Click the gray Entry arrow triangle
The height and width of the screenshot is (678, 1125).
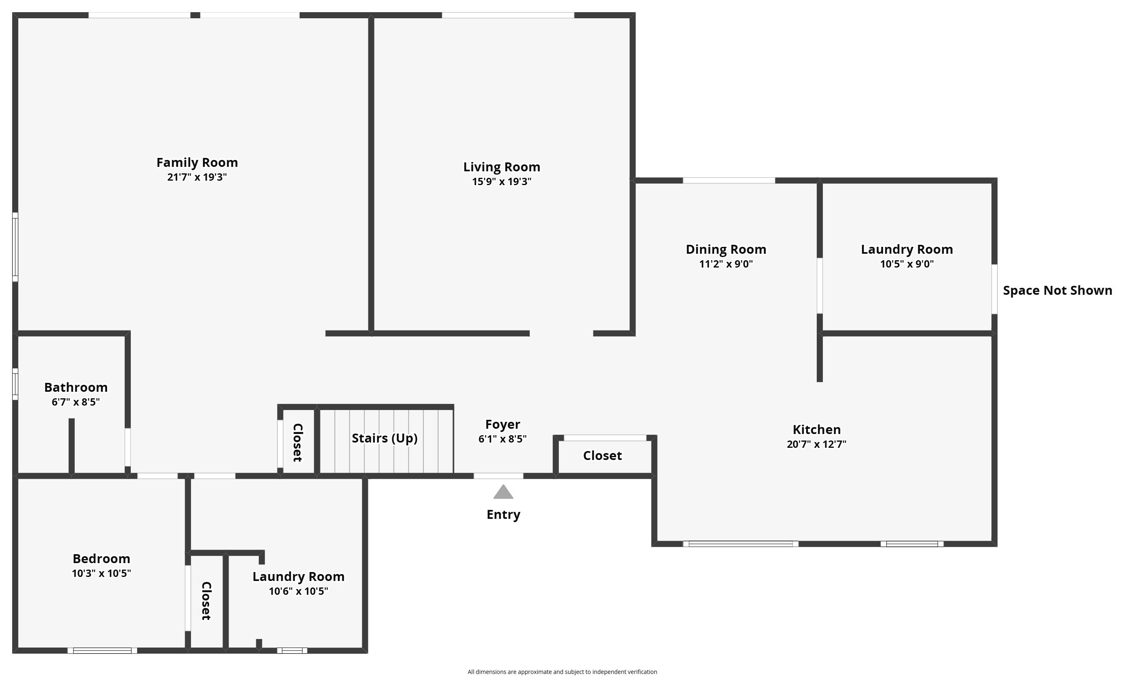pyautogui.click(x=503, y=493)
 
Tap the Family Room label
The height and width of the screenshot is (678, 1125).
pyautogui.click(x=197, y=162)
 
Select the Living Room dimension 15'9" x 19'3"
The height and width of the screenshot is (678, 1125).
pyautogui.click(x=501, y=181)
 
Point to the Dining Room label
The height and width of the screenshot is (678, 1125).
pyautogui.click(x=725, y=249)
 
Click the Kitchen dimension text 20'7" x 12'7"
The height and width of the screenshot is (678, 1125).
pyautogui.click(x=816, y=444)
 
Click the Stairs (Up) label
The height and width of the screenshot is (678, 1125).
pyautogui.click(x=385, y=438)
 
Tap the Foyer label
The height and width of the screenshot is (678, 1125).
pyautogui.click(x=502, y=424)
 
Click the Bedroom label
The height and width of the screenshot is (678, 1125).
pyautogui.click(x=102, y=559)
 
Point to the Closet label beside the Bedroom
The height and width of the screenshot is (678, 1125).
pyautogui.click(x=206, y=600)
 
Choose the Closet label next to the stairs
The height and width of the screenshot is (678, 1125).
pyautogui.click(x=298, y=442)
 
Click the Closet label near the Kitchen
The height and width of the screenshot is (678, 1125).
pyautogui.click(x=602, y=456)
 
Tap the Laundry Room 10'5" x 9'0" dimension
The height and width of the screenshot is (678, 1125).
pyautogui.click(x=906, y=264)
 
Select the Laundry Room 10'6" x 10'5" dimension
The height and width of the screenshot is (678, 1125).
pyautogui.click(x=298, y=591)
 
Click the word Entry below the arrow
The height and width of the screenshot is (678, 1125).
pyautogui.click(x=503, y=515)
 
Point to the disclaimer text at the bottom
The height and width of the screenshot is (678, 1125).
pyautogui.click(x=562, y=672)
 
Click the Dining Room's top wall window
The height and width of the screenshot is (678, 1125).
pyautogui.click(x=729, y=181)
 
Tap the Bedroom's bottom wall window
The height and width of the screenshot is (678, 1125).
pyautogui.click(x=102, y=651)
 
